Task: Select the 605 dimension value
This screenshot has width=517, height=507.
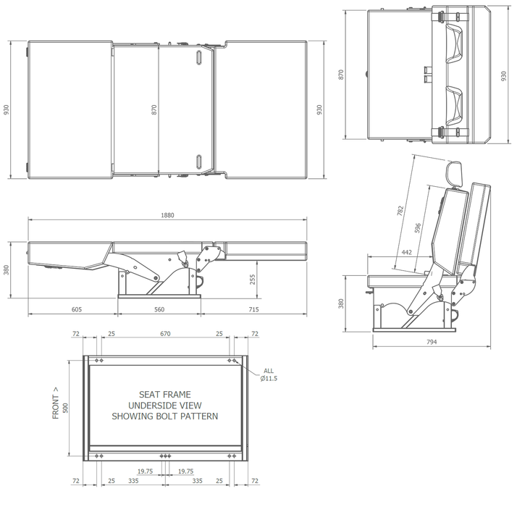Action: pyautogui.click(x=77, y=309)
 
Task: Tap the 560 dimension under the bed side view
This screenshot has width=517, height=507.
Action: pyautogui.click(x=159, y=309)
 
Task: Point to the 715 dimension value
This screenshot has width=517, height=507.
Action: pyautogui.click(x=253, y=309)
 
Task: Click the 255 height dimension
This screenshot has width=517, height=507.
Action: pyautogui.click(x=252, y=280)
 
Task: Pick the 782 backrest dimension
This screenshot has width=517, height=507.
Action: pyautogui.click(x=400, y=211)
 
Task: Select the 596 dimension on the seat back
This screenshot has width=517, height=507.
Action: pyautogui.click(x=418, y=227)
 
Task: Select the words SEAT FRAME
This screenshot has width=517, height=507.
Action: pyautogui.click(x=165, y=395)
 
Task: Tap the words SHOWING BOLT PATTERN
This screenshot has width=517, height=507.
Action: pyautogui.click(x=165, y=416)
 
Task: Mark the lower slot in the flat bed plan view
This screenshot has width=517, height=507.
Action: pyautogui.click(x=198, y=160)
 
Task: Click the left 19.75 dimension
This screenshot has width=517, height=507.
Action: pyautogui.click(x=145, y=471)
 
